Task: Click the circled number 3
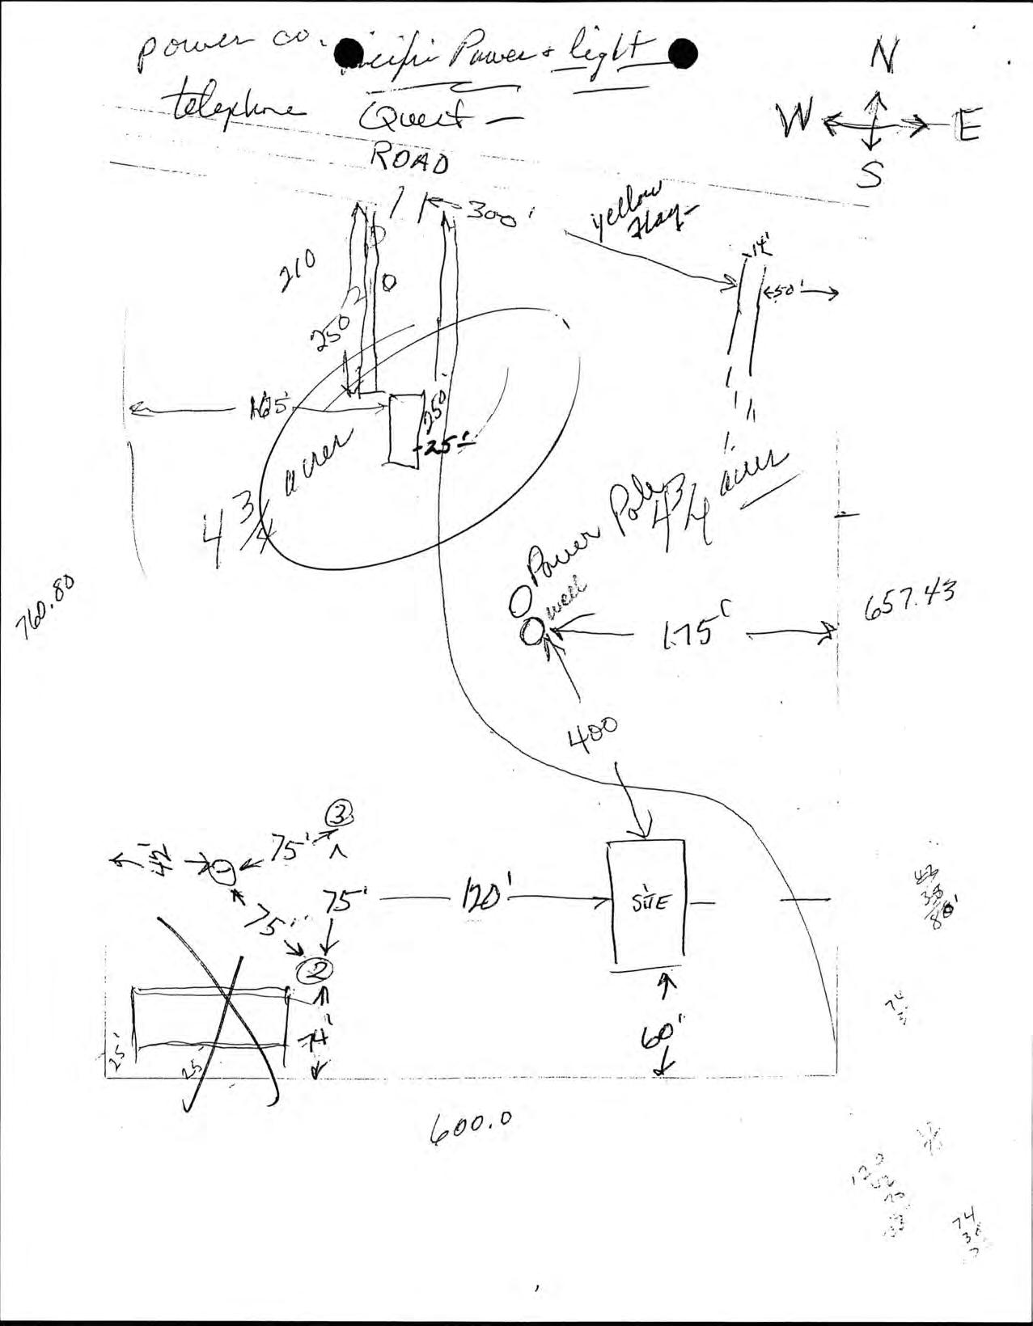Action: point(341,816)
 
